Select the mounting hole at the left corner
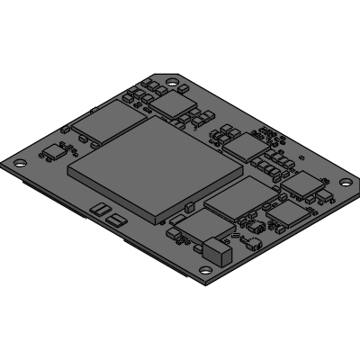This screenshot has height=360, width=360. (19, 163)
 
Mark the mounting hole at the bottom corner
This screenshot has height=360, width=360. (206, 269)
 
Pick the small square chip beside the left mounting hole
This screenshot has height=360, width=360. (52, 152)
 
